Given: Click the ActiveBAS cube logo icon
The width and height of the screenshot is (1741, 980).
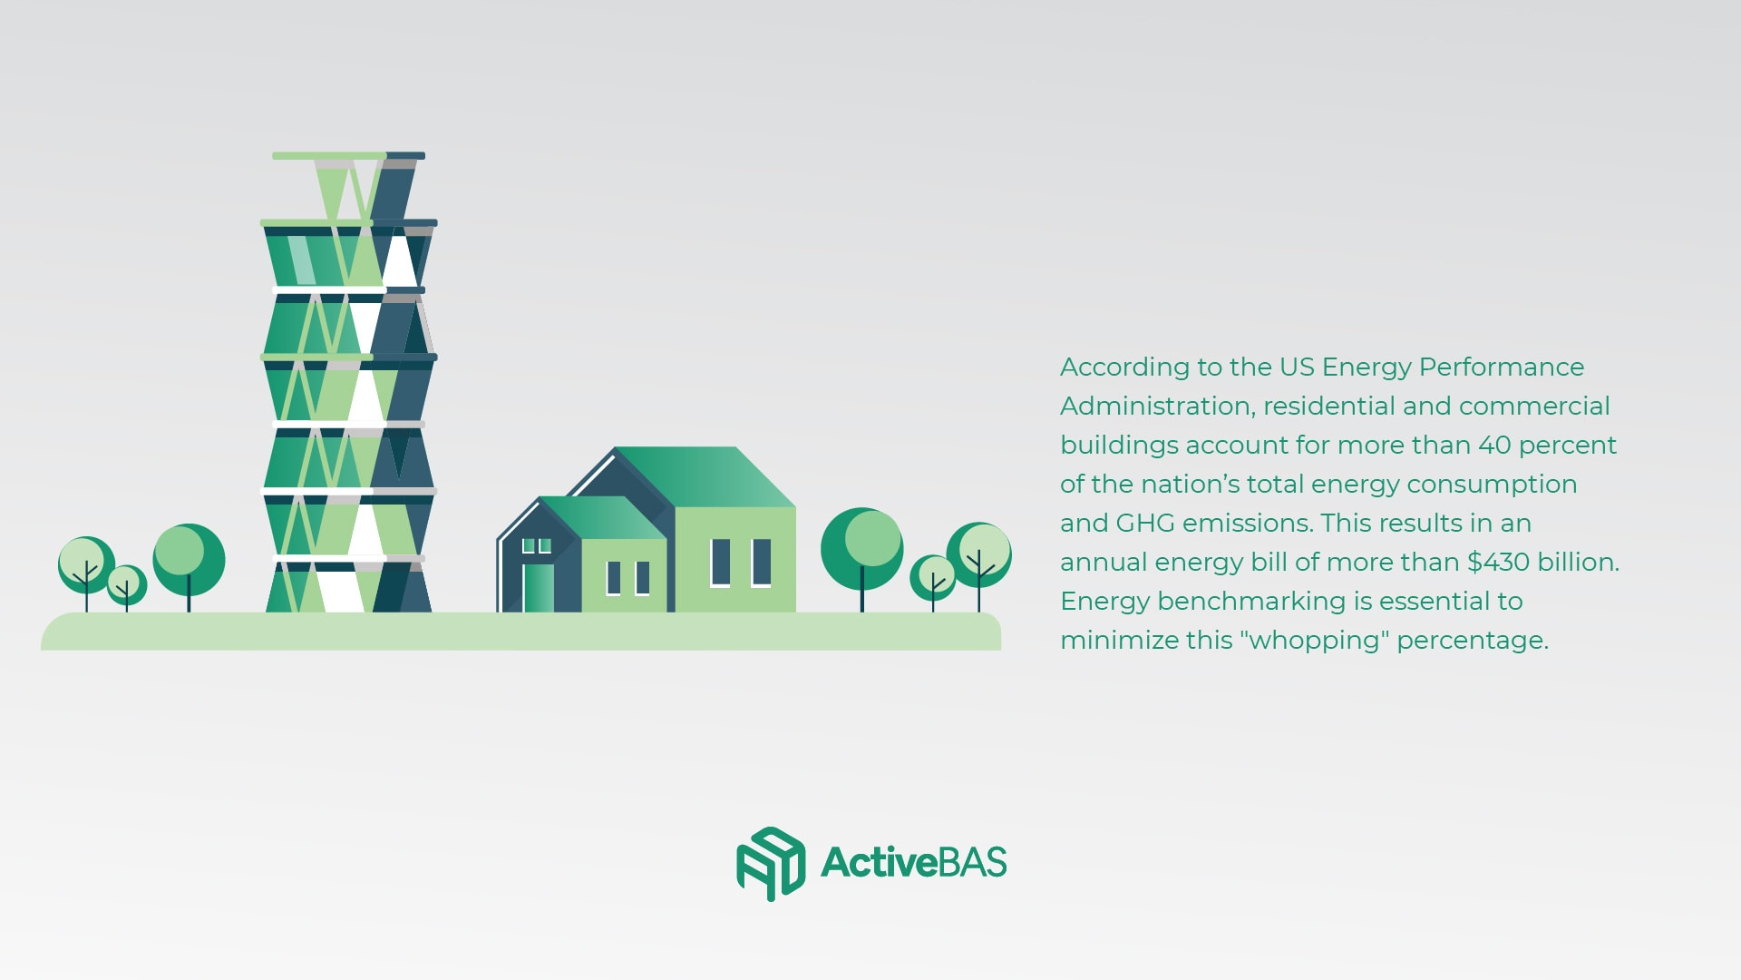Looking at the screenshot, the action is tap(771, 863).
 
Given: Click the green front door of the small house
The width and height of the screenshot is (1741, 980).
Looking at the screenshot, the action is tap(539, 587).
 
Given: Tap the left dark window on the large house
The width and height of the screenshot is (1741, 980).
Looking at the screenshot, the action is tap(720, 563).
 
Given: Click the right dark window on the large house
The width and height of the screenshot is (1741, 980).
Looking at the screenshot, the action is tap(762, 563).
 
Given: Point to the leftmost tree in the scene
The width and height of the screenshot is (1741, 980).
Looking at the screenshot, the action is tap(86, 572).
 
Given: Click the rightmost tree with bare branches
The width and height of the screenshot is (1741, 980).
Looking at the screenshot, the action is tap(979, 563).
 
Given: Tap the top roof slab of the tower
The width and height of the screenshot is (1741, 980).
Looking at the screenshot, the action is tap(348, 156).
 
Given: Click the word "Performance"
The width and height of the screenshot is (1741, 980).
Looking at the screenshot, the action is tap(1501, 367).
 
